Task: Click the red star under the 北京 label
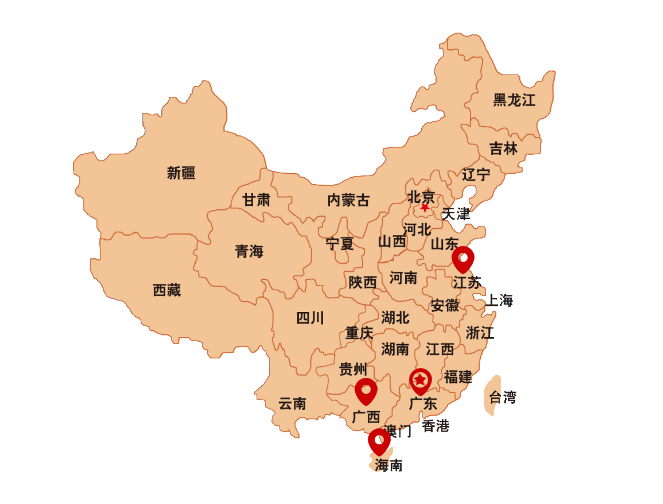[425, 208]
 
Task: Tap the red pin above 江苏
[463, 258]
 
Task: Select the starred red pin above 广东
[420, 380]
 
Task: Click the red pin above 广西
[366, 390]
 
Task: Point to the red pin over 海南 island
[379, 441]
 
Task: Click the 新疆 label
[181, 173]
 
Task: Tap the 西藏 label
[167, 290]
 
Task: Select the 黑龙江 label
[514, 100]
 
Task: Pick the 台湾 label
[503, 397]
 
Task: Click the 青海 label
[249, 251]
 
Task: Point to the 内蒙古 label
[348, 200]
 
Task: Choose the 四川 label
[310, 318]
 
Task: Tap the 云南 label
[292, 404]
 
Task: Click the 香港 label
[435, 426]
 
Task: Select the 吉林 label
[503, 148]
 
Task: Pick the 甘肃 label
[256, 200]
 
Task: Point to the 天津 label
[456, 214]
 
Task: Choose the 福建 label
[457, 377]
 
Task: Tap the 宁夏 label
[340, 244]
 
